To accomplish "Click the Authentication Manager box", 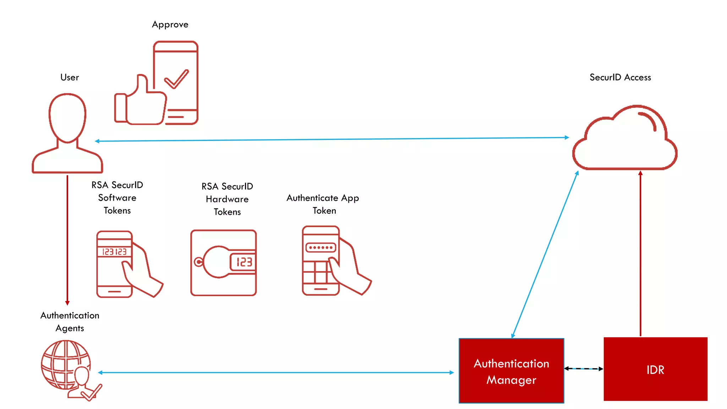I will [511, 371].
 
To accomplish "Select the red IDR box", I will [655, 369].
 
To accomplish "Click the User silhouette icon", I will [67, 133].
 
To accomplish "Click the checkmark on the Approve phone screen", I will [176, 79].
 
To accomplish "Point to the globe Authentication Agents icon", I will [66, 366].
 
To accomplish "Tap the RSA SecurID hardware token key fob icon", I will [224, 263].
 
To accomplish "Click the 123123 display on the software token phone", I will [114, 252].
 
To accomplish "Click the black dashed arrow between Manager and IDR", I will [584, 369].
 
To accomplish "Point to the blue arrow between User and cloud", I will [332, 139].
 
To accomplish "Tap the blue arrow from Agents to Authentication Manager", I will [276, 372].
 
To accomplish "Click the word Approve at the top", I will [170, 24].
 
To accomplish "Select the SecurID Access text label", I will [620, 77].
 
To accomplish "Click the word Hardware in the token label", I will [227, 199].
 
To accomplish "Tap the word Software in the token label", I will [117, 198].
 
